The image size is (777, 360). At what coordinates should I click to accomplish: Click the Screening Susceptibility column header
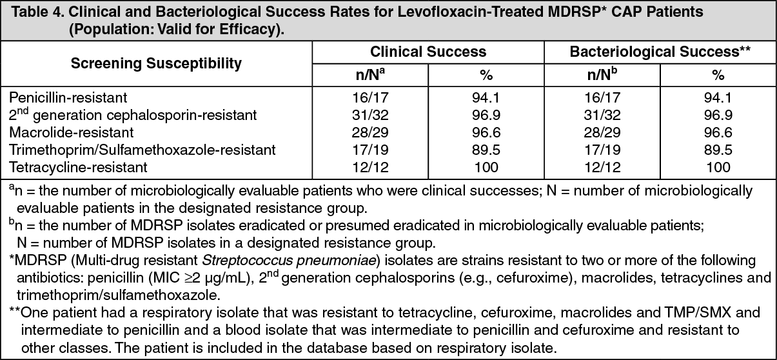click(156, 63)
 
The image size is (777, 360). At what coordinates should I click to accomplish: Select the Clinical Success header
click(428, 52)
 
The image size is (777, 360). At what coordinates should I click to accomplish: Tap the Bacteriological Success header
click(660, 52)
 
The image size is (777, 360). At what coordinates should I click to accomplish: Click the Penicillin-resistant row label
click(68, 97)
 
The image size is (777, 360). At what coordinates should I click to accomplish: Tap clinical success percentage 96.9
click(486, 115)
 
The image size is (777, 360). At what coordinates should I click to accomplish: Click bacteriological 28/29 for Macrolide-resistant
click(602, 132)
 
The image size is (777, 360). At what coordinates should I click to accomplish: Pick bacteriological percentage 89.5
click(718, 150)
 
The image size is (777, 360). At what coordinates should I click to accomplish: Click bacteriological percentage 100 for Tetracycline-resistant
click(718, 167)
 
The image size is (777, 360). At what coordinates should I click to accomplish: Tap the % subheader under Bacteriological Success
click(718, 75)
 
